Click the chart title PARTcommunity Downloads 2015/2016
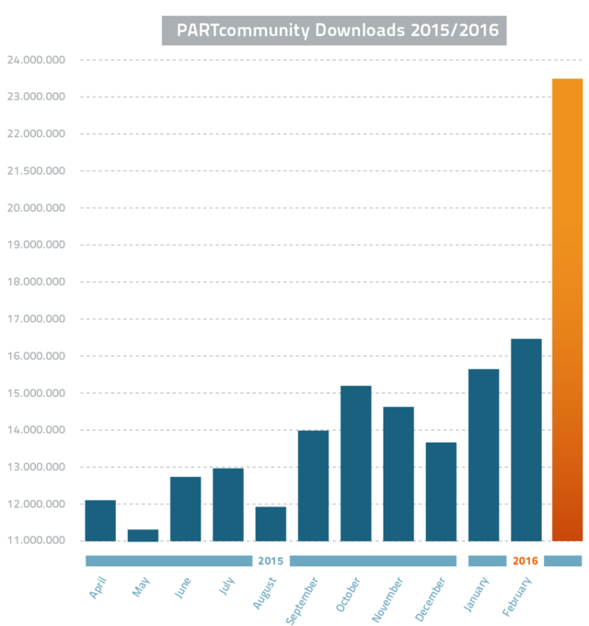pos(334,30)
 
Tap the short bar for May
pos(143,535)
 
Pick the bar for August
pos(271,524)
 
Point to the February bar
pos(526,440)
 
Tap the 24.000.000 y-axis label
pos(37,60)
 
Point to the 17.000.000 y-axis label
pos(37,319)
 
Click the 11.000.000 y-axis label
pos(37,539)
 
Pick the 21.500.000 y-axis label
pos(37,171)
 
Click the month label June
pos(184,586)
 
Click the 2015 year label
pos(271,561)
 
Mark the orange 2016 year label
pos(525,561)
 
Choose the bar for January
pos(483,455)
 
